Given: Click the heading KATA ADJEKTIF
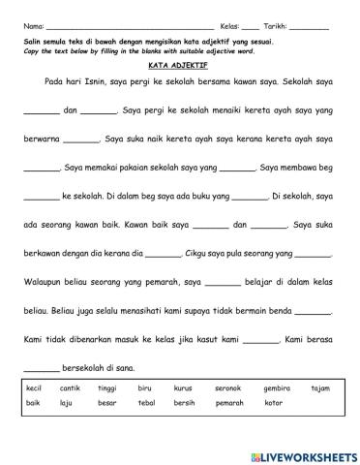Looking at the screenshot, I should (180, 67).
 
